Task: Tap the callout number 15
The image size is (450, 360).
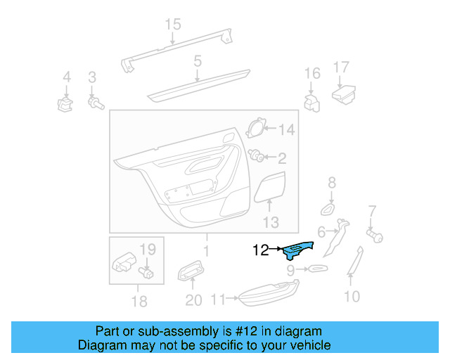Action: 173,25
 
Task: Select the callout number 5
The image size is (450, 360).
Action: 198,61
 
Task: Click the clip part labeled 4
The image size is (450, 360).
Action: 65,105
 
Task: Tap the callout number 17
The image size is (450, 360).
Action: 341,68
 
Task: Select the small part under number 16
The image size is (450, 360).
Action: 311,102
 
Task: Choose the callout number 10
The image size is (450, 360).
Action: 352,296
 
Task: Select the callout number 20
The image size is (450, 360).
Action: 193,301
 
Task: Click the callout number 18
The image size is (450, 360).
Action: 139,302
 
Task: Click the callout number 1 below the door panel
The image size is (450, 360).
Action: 206,251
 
